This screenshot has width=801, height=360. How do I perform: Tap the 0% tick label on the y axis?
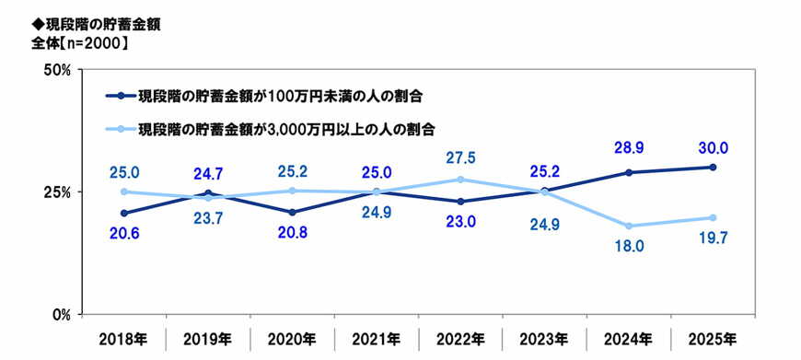point(61,314)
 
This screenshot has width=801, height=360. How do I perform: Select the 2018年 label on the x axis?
point(123,340)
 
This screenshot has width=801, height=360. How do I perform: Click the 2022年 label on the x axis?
point(460,340)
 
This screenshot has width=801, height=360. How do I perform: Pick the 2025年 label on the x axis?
point(713,340)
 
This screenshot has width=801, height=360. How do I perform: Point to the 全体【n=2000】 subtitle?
point(78,42)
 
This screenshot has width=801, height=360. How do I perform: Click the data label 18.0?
point(629,246)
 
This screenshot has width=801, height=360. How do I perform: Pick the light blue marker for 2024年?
point(629,226)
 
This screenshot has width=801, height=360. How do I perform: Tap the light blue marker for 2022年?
point(460,180)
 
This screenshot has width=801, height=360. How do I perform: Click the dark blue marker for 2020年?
point(292,213)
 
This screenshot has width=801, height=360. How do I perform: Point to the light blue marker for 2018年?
point(123,192)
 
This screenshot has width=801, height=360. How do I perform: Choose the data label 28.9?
point(629,147)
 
